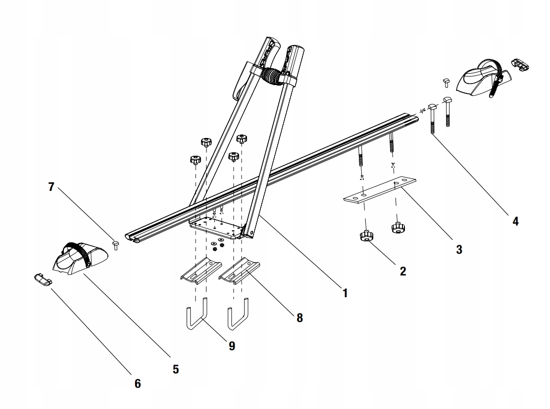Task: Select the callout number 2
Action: coord(403,271)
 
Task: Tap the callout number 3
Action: coord(459,250)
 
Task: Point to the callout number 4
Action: coord(515,221)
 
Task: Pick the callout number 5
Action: coord(176,368)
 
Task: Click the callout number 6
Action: coord(138,383)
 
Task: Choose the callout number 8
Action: coord(299,318)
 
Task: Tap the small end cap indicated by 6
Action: coord(43,279)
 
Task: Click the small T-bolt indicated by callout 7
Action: coord(115,244)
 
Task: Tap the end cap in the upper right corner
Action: coord(518,64)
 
